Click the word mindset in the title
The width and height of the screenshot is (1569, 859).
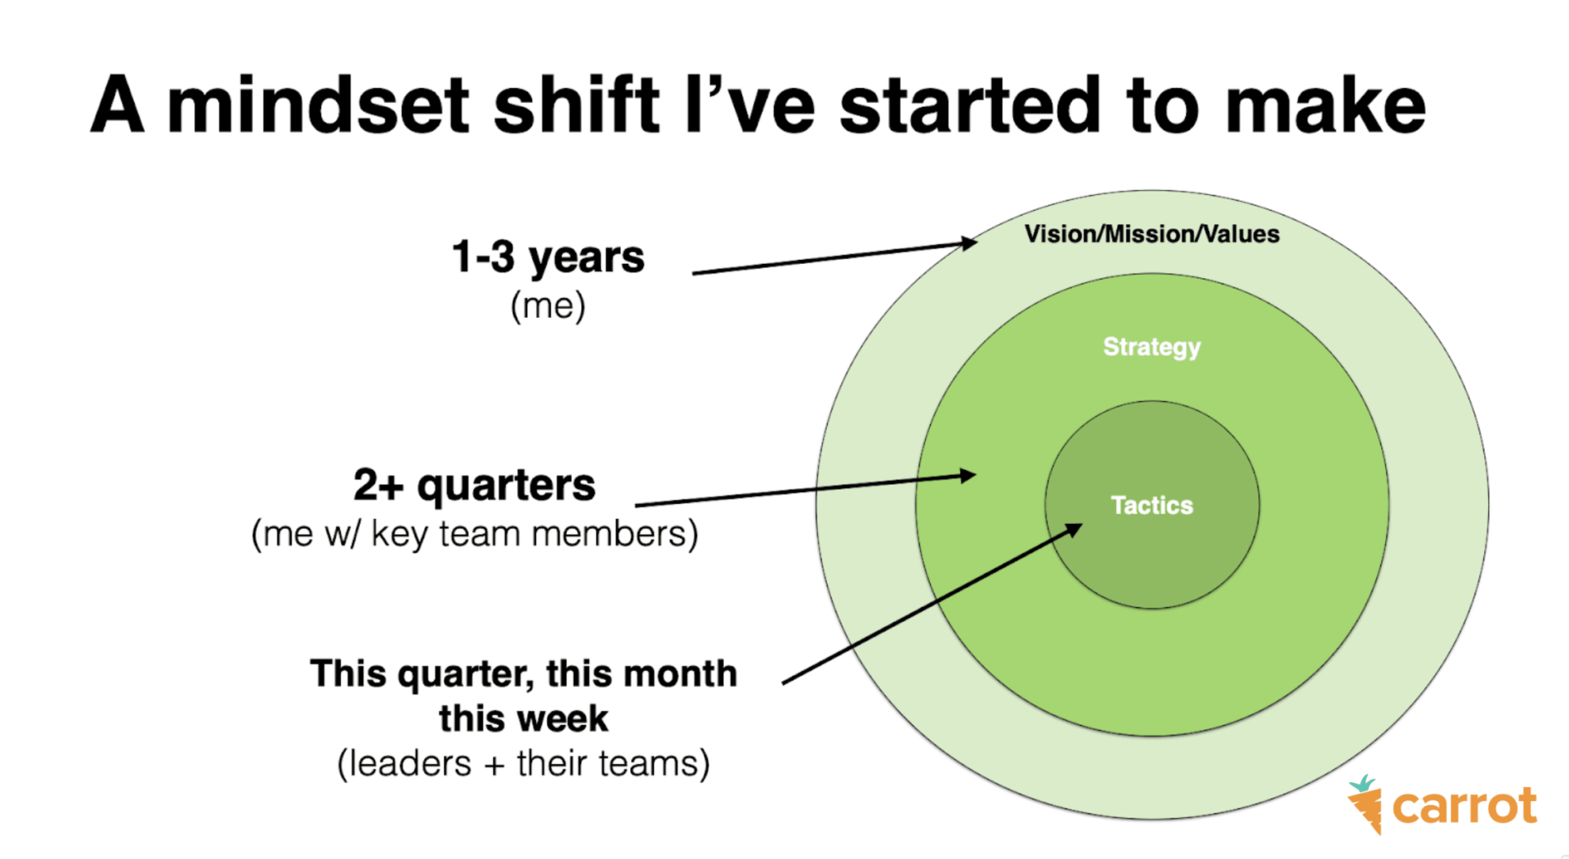(x=318, y=105)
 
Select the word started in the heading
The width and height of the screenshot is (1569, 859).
(x=970, y=105)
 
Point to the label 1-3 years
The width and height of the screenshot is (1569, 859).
(x=548, y=257)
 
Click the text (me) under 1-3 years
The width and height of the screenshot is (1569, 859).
(x=548, y=306)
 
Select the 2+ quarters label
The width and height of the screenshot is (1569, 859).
(x=475, y=485)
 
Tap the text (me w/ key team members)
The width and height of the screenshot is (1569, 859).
(x=475, y=534)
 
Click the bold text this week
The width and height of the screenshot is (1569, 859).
(x=524, y=719)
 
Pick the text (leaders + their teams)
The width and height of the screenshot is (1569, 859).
(x=524, y=764)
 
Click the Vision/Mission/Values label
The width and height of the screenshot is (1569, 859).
(x=1152, y=235)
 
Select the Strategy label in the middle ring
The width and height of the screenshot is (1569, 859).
(x=1152, y=347)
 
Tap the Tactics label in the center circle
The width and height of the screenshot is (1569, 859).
(x=1152, y=505)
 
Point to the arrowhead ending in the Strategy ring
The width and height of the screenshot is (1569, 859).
(x=968, y=475)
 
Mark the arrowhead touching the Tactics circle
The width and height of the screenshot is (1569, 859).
(x=1074, y=530)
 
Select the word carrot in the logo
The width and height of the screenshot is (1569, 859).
(x=1464, y=807)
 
